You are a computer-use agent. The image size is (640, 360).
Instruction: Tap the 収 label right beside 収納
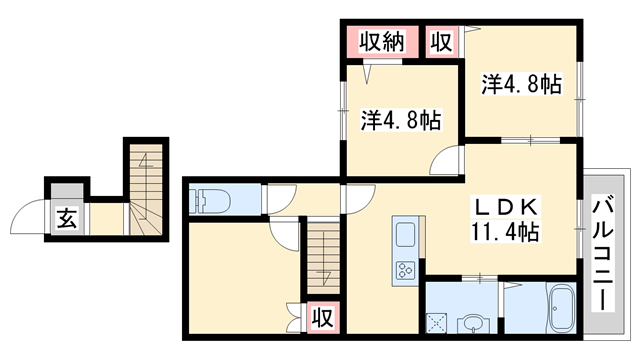pos(441,43)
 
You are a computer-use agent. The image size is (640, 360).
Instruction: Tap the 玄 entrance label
pos(65,218)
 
